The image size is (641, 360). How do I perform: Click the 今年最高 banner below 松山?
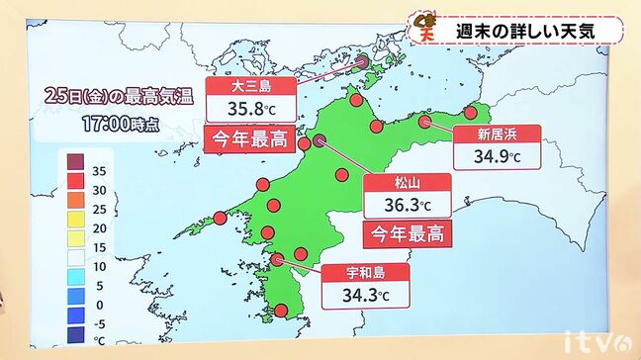tap(407, 234)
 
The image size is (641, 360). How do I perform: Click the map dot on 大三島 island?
tap(362, 61)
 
